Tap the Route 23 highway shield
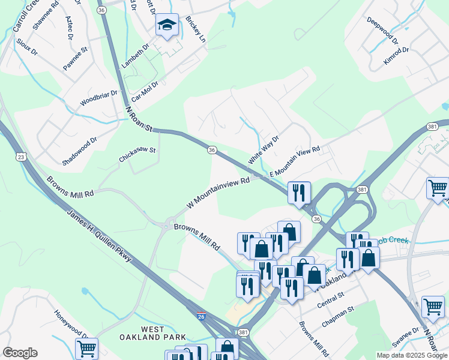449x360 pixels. tap(21, 157)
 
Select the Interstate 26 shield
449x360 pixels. tap(202, 314)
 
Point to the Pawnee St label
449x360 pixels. tap(76, 59)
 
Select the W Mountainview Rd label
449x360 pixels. tap(217, 193)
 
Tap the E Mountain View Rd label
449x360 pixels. tap(295, 162)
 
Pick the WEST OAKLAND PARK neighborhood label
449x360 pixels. tap(163, 333)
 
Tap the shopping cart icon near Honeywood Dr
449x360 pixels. tap(86, 348)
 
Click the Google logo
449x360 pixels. tap(20, 353)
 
